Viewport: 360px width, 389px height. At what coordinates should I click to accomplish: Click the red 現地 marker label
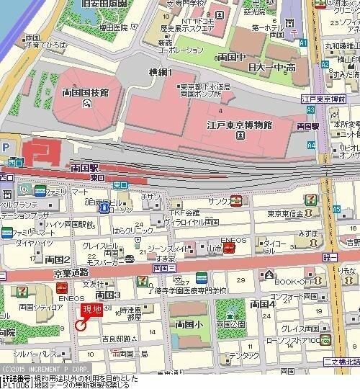(91, 310)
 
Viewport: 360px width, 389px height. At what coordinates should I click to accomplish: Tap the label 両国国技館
(85, 93)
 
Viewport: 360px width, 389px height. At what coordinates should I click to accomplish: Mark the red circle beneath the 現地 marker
(81, 326)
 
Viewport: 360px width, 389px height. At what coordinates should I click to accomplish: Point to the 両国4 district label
(263, 305)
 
